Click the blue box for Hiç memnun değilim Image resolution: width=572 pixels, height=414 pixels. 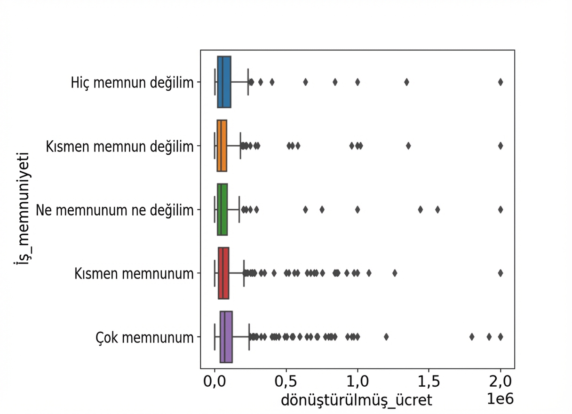pyautogui.click(x=224, y=82)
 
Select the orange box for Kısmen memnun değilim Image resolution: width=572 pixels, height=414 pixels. pyautogui.click(x=222, y=146)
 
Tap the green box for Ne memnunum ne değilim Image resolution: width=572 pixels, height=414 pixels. pyautogui.click(x=222, y=209)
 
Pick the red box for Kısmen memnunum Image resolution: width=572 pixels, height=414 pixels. pyautogui.click(x=223, y=273)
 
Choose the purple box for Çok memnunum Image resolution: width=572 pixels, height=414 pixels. pyautogui.click(x=226, y=337)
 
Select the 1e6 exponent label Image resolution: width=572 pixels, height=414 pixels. pyautogui.click(x=500, y=398)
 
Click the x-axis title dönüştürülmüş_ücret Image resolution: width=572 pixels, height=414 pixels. pyautogui.click(x=356, y=400)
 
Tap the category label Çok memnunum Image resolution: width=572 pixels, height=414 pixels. pyautogui.click(x=144, y=337)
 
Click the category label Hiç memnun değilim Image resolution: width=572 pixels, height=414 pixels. pyautogui.click(x=132, y=83)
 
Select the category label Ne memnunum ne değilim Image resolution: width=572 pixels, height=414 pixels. pyautogui.click(x=115, y=210)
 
